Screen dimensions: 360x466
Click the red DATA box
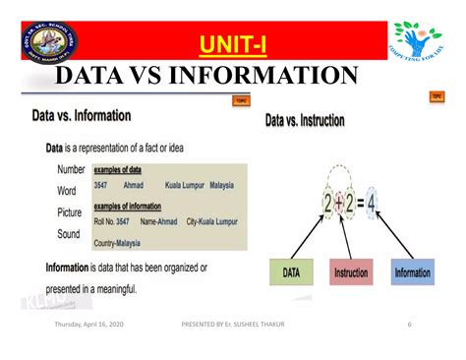[293, 271]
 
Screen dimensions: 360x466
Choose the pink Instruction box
[352, 271]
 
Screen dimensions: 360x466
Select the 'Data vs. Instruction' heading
[305, 121]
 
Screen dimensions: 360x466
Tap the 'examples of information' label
[134, 207]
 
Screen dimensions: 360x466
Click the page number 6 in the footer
[410, 326]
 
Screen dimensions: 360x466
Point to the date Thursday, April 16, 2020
[91, 326]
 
